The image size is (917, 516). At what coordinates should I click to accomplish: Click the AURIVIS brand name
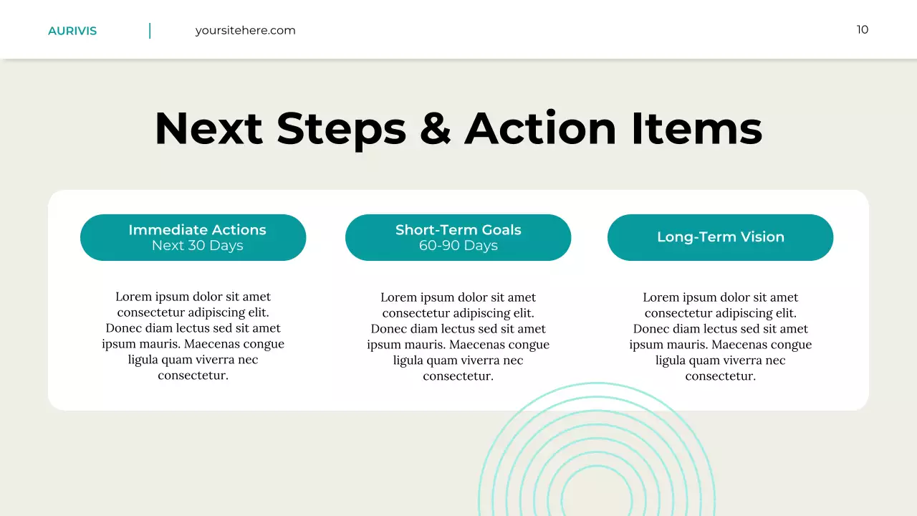pos(72,31)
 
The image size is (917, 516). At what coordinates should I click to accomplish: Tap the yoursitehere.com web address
pos(245,30)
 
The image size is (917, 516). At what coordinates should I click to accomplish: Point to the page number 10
pos(862,29)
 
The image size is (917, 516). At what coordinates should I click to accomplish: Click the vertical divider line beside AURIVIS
pos(150,31)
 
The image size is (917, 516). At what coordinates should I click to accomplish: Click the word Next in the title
pos(208,129)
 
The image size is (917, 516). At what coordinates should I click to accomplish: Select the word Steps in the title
pos(340,129)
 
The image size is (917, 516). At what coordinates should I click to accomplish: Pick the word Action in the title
pos(540,129)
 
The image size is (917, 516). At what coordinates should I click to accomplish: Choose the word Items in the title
pos(696,129)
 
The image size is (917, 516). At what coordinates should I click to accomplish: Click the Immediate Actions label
pos(197,230)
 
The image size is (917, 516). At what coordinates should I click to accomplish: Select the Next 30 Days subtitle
pos(197,246)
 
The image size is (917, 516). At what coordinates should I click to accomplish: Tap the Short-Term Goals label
pos(458,230)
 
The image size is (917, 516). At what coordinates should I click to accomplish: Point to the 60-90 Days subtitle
pos(458,246)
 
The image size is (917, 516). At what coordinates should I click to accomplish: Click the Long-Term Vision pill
pos(720,237)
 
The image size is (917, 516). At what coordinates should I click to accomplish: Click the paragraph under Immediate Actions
pos(193,336)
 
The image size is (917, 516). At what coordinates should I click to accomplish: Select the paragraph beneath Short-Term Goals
pos(458,337)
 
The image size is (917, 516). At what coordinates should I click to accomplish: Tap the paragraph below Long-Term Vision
pos(720,337)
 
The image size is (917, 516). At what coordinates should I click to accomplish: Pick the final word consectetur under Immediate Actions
pos(193,376)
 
